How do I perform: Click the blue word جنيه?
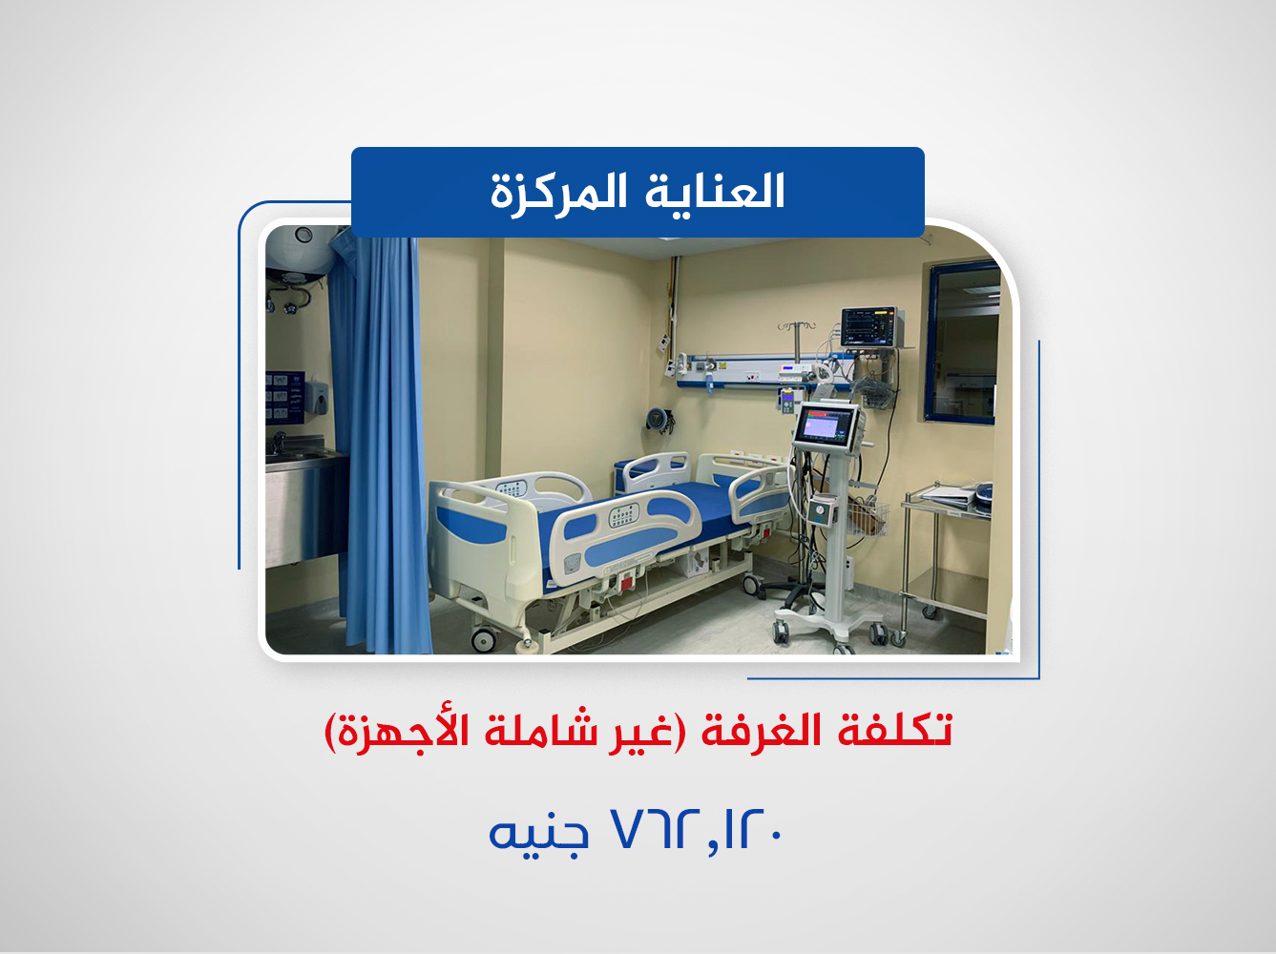point(537,833)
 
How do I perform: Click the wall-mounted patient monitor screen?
point(869,327)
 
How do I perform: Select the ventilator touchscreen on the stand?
point(826,423)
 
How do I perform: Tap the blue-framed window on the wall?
point(962,343)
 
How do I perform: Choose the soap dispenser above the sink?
point(317,398)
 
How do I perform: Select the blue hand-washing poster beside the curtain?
point(283,397)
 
